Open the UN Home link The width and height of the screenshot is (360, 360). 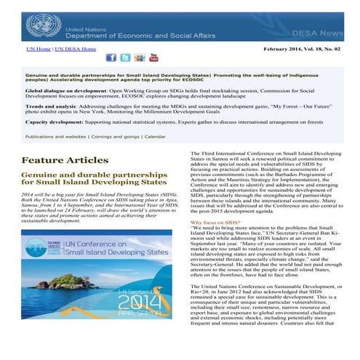39,49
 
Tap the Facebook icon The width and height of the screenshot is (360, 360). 111,57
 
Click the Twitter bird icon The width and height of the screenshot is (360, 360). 125,57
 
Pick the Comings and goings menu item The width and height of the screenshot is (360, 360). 115,136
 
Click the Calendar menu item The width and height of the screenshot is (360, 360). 155,136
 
